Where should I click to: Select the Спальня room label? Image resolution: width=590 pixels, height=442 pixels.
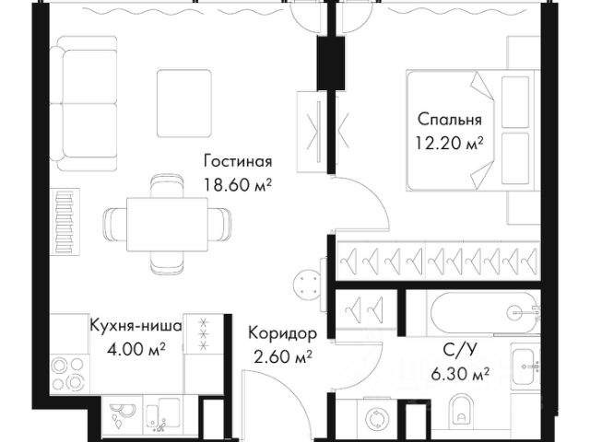(x=450, y=120)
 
